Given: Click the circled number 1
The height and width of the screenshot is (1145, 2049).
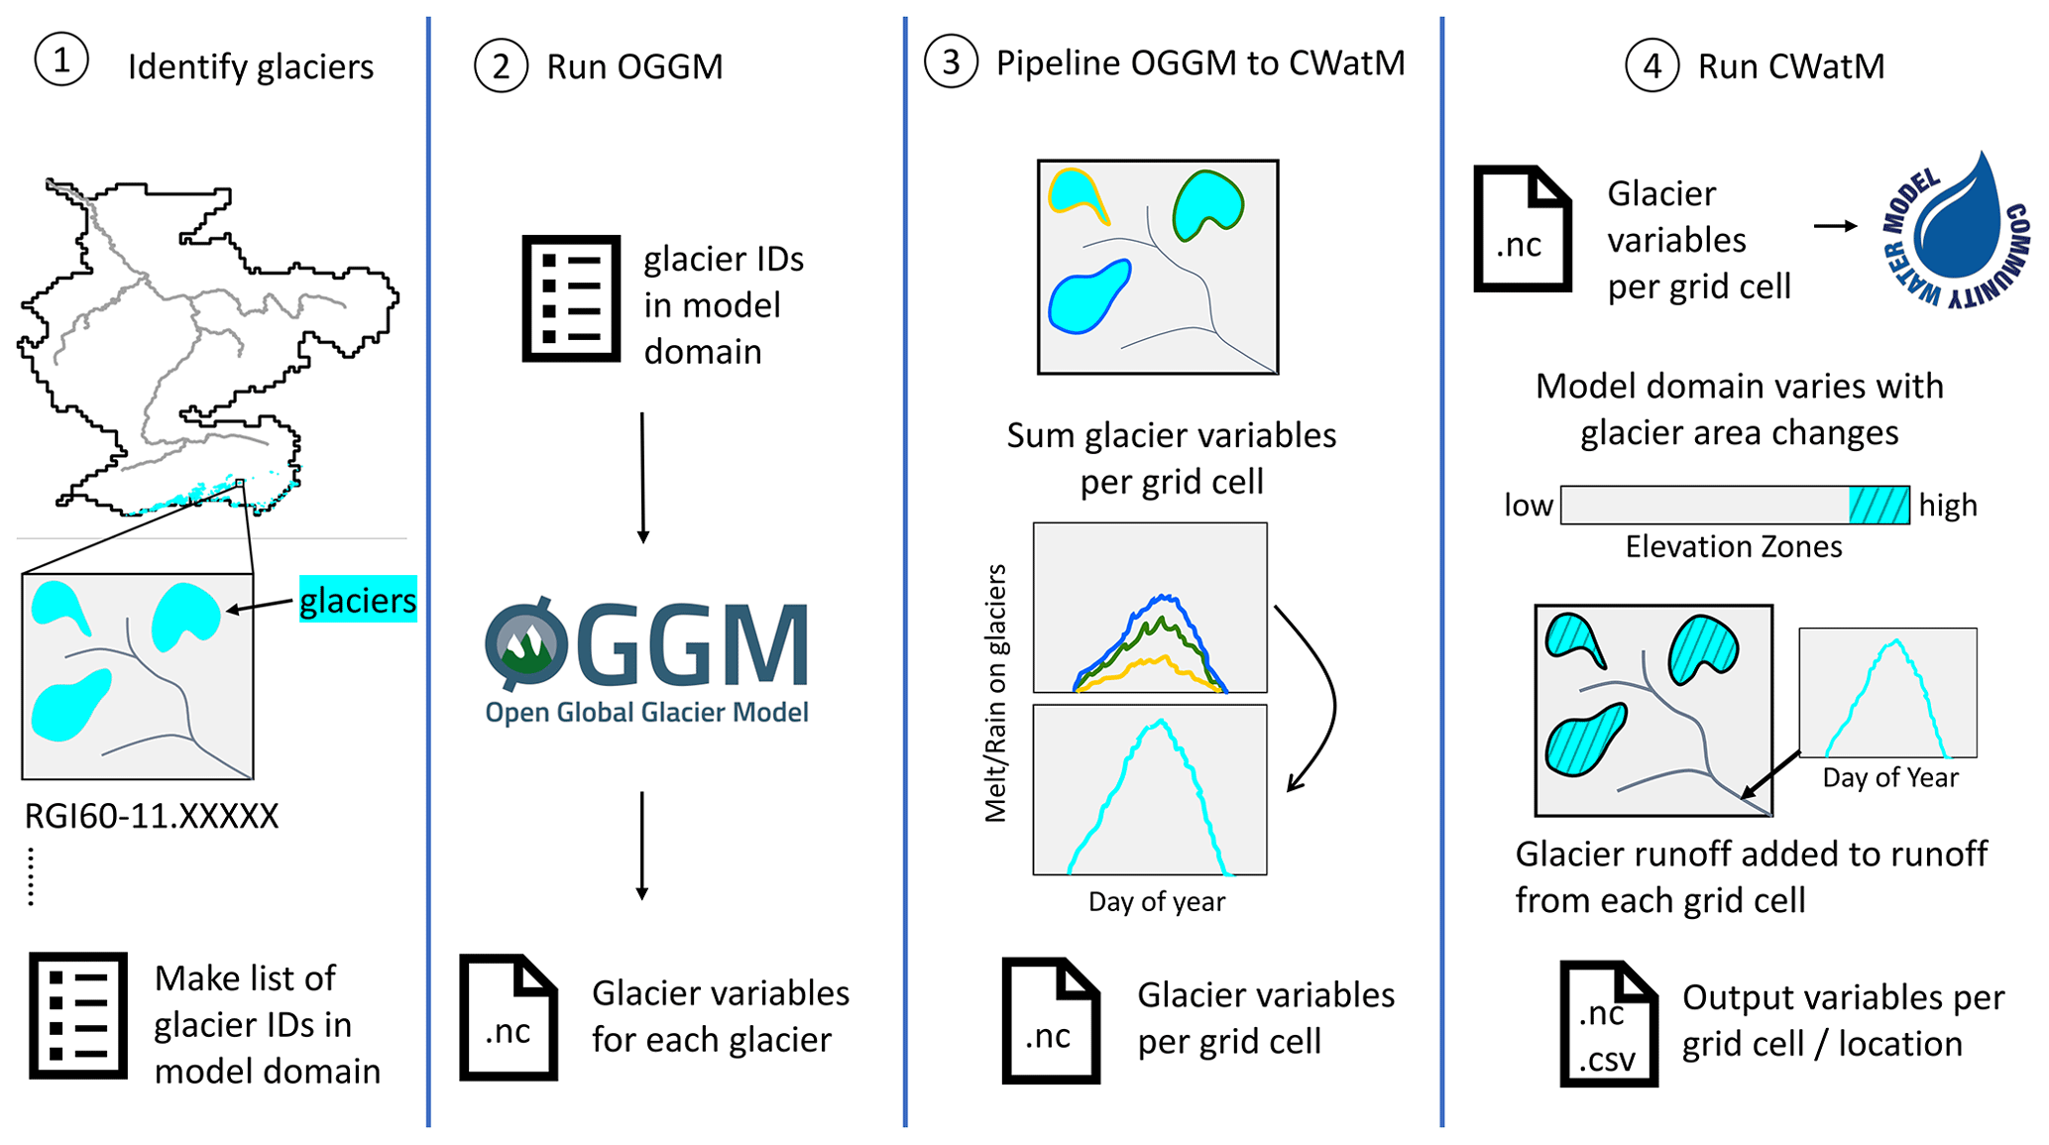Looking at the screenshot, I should coord(61,60).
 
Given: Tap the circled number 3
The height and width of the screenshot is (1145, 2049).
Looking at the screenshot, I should coord(951,61).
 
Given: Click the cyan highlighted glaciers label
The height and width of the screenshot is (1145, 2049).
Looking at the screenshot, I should coord(358,600).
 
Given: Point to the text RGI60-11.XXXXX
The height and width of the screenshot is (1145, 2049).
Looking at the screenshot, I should coord(152,816).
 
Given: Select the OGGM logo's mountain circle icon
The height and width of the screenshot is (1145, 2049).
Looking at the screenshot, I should coord(526,644).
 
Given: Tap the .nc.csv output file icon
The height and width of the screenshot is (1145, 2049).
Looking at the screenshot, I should coord(1608,1023).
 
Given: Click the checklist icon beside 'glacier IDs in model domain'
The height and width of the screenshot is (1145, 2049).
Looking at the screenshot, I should coord(571,298).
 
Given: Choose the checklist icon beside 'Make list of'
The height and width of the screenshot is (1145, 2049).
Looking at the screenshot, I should coord(78,1015).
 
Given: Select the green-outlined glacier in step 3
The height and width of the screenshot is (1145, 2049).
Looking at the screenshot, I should coord(1206,203).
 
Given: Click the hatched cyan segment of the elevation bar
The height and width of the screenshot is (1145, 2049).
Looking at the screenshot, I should coord(1878,505).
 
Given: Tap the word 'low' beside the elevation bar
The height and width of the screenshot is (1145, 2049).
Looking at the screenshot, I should coord(1528,506).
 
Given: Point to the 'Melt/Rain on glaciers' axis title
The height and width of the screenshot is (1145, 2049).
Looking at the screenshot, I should coord(995,694).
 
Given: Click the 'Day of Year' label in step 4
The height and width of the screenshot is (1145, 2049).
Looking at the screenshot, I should coord(1889,778).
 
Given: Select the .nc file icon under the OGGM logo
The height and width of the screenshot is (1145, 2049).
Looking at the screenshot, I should coord(509,1017).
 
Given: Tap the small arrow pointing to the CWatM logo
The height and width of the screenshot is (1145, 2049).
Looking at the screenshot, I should coord(1835,226).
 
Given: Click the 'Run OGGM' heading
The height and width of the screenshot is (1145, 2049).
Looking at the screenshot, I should coord(634,66).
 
